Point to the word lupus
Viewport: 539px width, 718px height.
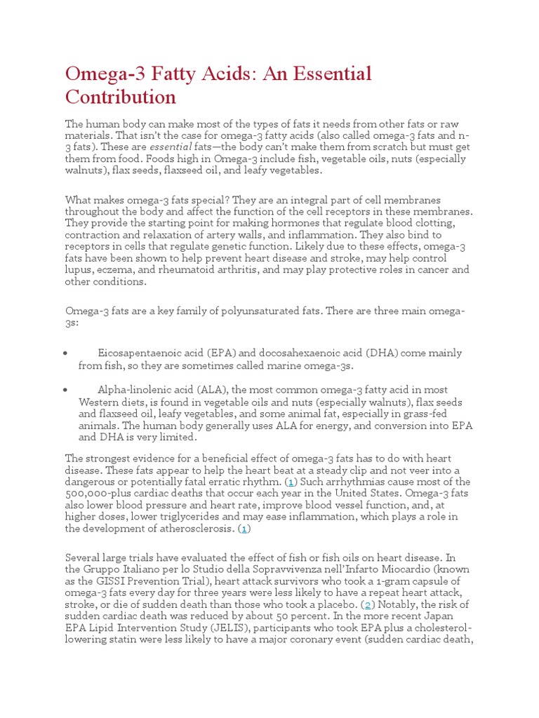(79, 269)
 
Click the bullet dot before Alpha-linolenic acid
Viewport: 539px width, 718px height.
(65, 390)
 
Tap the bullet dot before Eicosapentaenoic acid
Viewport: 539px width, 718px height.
(65, 353)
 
